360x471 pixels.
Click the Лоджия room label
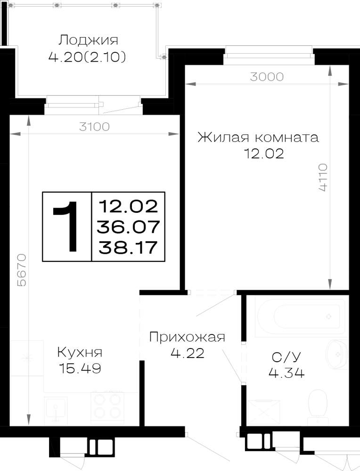point(88,40)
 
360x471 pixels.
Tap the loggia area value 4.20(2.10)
point(87,57)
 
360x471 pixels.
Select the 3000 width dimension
point(267,77)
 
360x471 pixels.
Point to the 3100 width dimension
point(94,127)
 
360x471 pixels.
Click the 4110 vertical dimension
point(323,177)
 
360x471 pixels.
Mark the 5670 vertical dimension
point(22,270)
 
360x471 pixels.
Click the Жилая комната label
point(258,138)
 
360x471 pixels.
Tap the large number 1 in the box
point(66,226)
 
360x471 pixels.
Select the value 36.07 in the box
point(128,227)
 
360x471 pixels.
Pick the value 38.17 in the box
point(128,248)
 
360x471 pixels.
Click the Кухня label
point(80,352)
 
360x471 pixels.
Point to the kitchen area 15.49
point(80,368)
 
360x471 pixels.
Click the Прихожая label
point(187,337)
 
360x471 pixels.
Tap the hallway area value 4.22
point(188,353)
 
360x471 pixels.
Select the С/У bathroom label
point(286,357)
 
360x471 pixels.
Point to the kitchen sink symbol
point(56,411)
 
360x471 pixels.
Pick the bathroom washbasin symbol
point(336,355)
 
